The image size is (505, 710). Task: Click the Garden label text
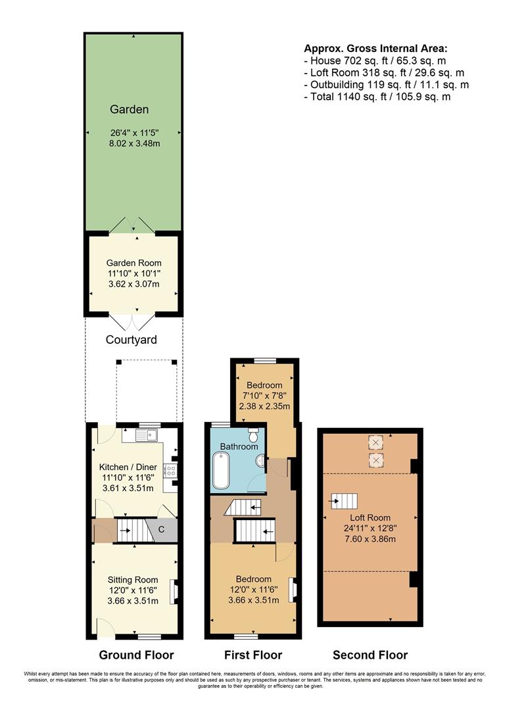129,110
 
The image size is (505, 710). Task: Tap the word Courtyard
132,340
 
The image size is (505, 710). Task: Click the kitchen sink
146,434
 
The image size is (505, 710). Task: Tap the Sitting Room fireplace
174,591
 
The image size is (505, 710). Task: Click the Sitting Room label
133,579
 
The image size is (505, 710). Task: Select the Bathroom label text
239,446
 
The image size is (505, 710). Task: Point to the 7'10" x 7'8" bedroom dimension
264,396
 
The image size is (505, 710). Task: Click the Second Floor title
370,655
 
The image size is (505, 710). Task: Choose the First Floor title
253,655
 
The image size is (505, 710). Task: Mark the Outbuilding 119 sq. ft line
386,85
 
